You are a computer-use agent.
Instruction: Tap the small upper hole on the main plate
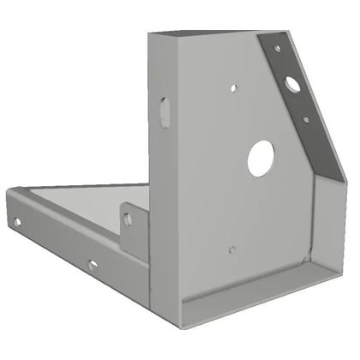[x=233, y=87]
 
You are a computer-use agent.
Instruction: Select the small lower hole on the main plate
[x=231, y=249]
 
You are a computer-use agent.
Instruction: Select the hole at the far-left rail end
[x=16, y=224]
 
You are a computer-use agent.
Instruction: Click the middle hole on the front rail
[x=92, y=265]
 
